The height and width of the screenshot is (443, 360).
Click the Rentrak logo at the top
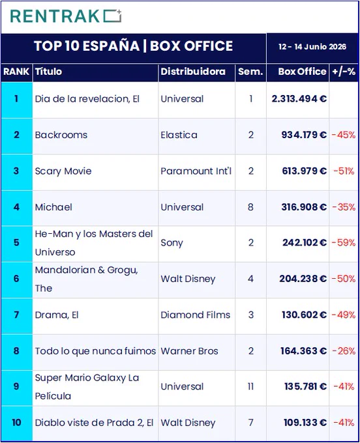click(66, 16)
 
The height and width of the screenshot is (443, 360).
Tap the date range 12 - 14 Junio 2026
click(312, 47)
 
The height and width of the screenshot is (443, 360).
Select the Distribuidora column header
click(193, 72)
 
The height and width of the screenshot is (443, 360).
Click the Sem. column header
click(250, 72)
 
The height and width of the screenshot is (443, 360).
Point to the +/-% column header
click(344, 72)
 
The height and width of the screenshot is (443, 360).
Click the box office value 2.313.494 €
click(299, 98)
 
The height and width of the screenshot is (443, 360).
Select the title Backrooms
click(61, 135)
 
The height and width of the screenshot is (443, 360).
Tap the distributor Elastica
click(179, 135)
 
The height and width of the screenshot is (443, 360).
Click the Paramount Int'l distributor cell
click(196, 171)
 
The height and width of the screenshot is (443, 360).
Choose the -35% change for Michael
click(344, 207)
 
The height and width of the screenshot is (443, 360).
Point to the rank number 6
click(16, 279)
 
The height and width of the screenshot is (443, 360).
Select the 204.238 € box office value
click(303, 279)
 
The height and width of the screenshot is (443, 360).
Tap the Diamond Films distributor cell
click(196, 315)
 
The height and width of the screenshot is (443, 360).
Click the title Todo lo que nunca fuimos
click(95, 351)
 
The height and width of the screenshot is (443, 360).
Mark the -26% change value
click(344, 351)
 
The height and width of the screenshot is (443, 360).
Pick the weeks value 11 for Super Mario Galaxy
click(251, 386)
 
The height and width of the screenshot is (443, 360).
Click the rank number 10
click(16, 423)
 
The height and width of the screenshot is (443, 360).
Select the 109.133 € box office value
click(305, 423)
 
